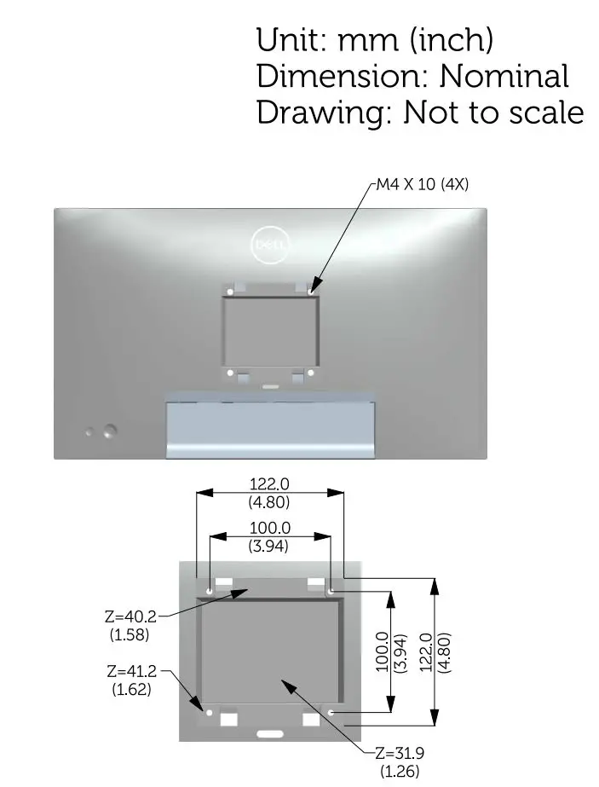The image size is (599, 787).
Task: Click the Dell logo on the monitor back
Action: pyautogui.click(x=271, y=246)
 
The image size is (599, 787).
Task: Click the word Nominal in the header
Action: pyautogui.click(x=504, y=76)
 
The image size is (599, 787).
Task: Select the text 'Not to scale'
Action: pyautogui.click(x=493, y=113)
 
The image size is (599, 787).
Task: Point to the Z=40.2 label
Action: pyautogui.click(x=130, y=616)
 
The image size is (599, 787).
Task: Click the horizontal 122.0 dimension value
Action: pyautogui.click(x=269, y=484)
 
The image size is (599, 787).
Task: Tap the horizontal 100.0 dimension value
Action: pyautogui.click(x=269, y=529)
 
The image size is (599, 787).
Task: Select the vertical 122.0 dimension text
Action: pyautogui.click(x=426, y=652)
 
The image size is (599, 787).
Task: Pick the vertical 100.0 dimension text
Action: pyautogui.click(x=383, y=652)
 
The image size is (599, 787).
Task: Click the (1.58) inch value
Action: pyautogui.click(x=130, y=634)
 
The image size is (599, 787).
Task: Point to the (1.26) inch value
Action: pyautogui.click(x=400, y=771)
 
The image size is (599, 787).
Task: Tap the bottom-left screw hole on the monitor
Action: pyautogui.click(x=231, y=372)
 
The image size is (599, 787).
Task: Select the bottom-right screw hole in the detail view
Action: pyautogui.click(x=331, y=711)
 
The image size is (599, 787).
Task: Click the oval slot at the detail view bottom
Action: pyautogui.click(x=270, y=732)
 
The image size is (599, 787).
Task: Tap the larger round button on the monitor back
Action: pyautogui.click(x=109, y=431)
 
